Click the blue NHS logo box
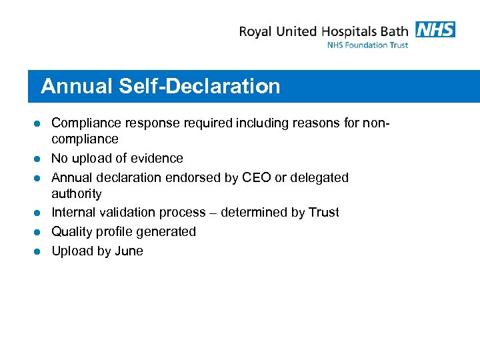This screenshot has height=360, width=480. pyautogui.click(x=435, y=29)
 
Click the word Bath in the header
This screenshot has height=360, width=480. pyautogui.click(x=394, y=31)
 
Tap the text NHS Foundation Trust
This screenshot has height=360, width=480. pyautogui.click(x=367, y=45)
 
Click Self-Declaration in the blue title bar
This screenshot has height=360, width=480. pyautogui.click(x=200, y=87)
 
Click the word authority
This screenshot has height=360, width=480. pyautogui.click(x=77, y=194)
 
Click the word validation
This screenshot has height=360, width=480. pyautogui.click(x=131, y=212)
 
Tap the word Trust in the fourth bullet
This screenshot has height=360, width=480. pyautogui.click(x=324, y=212)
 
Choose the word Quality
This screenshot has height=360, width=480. pyautogui.click(x=73, y=232)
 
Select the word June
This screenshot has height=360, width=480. pyautogui.click(x=128, y=251)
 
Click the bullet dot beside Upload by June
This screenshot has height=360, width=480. pyautogui.click(x=38, y=251)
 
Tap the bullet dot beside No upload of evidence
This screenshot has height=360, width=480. pyautogui.click(x=38, y=159)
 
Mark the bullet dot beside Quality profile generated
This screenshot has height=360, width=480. pyautogui.click(x=38, y=232)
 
